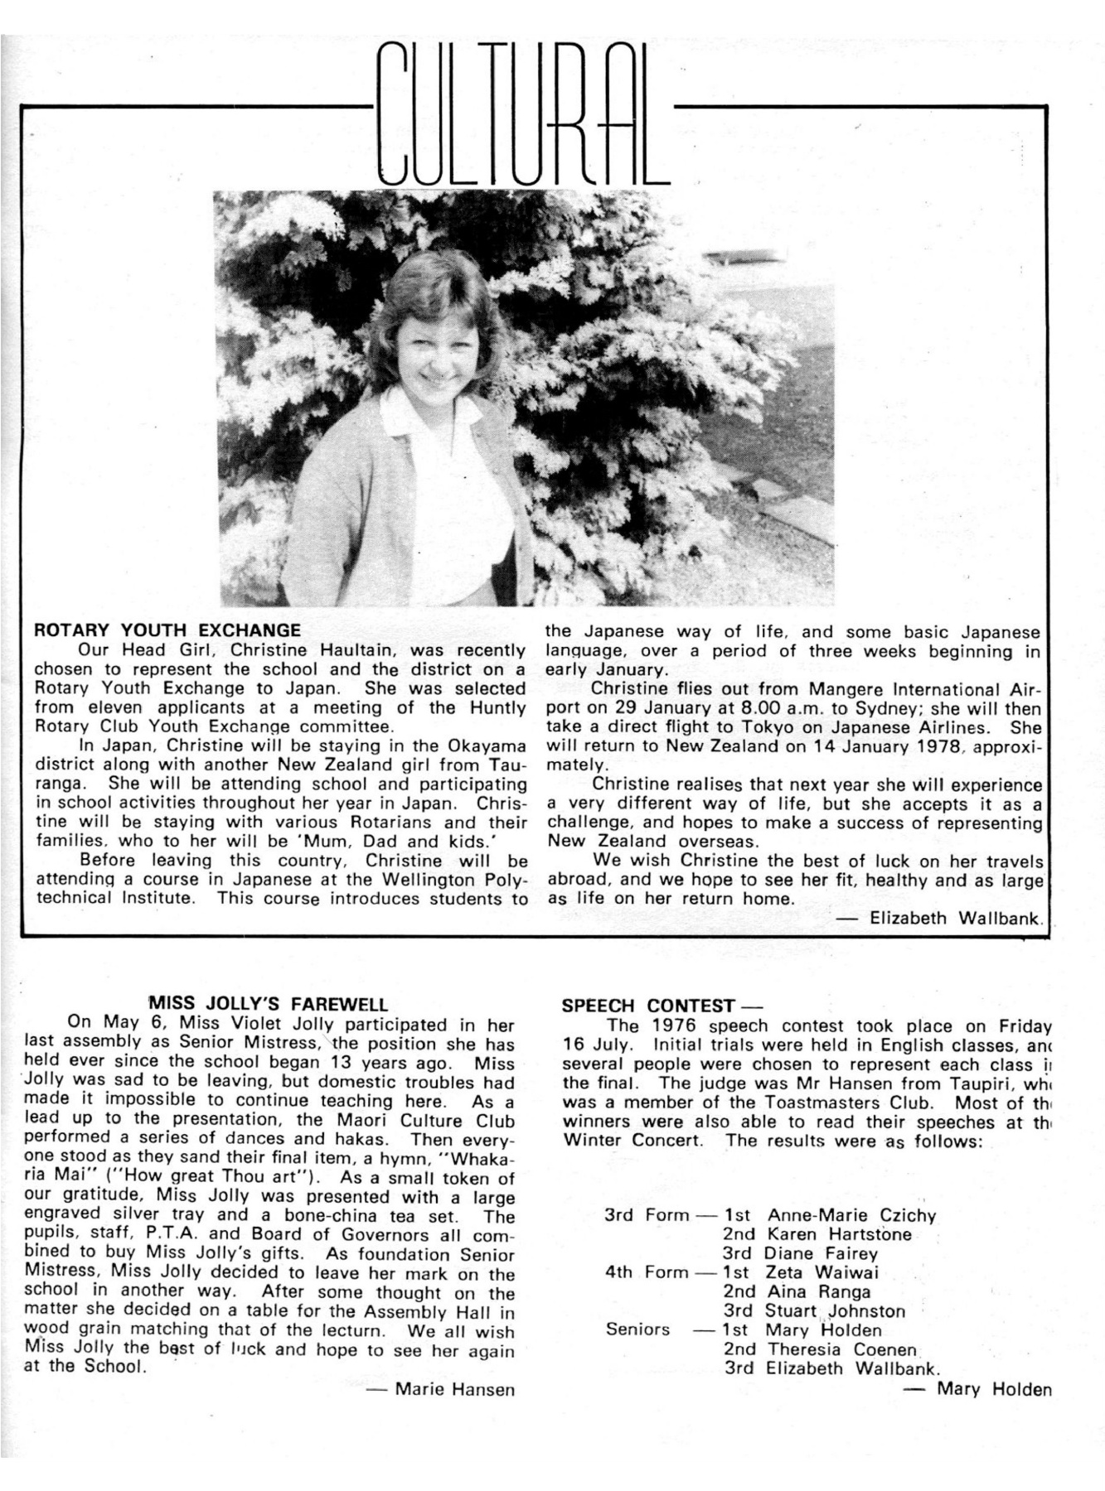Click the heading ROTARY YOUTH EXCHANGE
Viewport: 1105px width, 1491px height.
coord(167,630)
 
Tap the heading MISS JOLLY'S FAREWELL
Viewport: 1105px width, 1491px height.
coord(267,1005)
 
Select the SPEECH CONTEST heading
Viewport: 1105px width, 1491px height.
coord(647,1006)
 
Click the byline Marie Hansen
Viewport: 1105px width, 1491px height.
coord(454,1389)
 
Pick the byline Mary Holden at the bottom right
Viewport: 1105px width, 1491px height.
coord(993,1388)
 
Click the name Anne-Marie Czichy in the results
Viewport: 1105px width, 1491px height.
coord(851,1215)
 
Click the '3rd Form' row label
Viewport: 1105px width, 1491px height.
coord(647,1215)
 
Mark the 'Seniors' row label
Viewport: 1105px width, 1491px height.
coord(637,1329)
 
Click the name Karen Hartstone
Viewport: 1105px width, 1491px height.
coord(839,1234)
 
